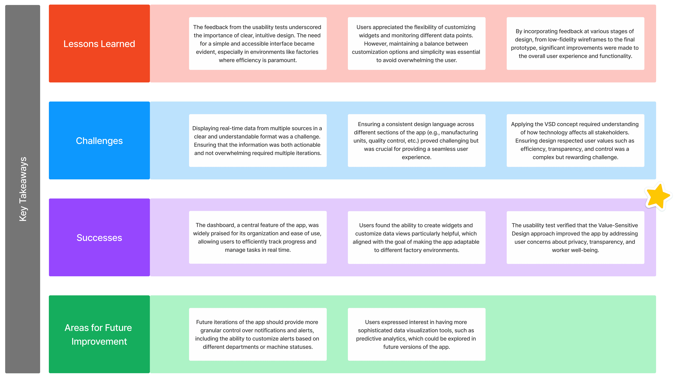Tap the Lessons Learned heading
click(x=99, y=44)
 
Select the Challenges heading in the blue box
click(x=99, y=141)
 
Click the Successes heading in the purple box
click(x=99, y=238)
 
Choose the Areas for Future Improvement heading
click(x=99, y=335)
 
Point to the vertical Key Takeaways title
click(x=23, y=189)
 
